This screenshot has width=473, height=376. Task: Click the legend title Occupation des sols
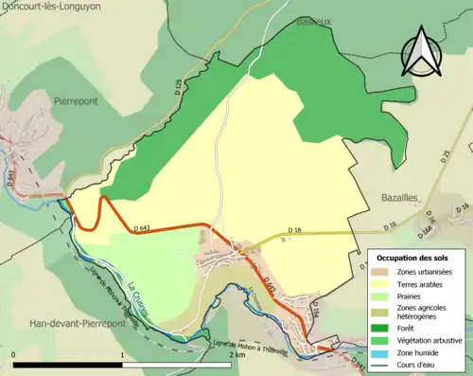[417, 257]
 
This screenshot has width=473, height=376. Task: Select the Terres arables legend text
[425, 282]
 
